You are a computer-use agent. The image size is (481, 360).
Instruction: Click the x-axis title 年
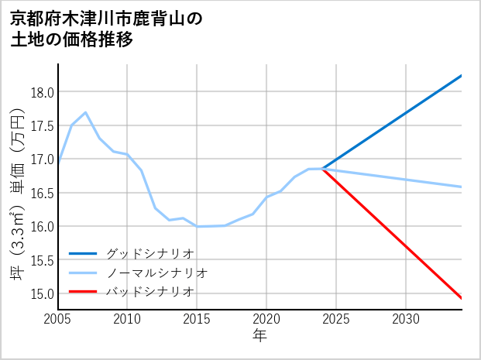pos(259,336)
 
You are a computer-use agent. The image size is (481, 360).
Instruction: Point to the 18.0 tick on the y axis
pos(41,92)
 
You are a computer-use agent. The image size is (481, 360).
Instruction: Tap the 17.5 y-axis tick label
pos(41,126)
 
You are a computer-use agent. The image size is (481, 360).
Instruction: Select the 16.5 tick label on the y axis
pos(41,193)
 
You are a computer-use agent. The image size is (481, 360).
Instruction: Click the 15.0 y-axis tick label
pos(41,293)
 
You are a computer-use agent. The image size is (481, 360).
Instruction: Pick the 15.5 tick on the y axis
pos(41,260)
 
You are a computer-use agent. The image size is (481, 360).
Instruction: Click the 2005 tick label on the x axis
pos(58,319)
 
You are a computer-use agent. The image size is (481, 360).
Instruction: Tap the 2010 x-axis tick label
pos(127,319)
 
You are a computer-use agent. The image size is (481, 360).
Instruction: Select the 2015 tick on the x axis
pos(197,319)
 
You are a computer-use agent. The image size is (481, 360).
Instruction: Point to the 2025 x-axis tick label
pos(336,319)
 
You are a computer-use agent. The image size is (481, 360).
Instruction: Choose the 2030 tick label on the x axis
pos(406,319)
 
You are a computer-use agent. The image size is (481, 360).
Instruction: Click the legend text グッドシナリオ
pos(149,253)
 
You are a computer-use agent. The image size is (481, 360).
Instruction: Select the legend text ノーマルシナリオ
pos(156,273)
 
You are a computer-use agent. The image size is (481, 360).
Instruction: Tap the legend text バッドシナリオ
pos(149,292)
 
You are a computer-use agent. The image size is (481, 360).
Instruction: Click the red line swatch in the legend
pos(83,292)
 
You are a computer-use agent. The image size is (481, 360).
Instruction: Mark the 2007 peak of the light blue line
pos(85,112)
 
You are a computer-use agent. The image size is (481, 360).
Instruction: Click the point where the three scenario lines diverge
pos(322,168)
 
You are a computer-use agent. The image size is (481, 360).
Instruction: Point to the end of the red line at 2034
pos(461,298)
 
